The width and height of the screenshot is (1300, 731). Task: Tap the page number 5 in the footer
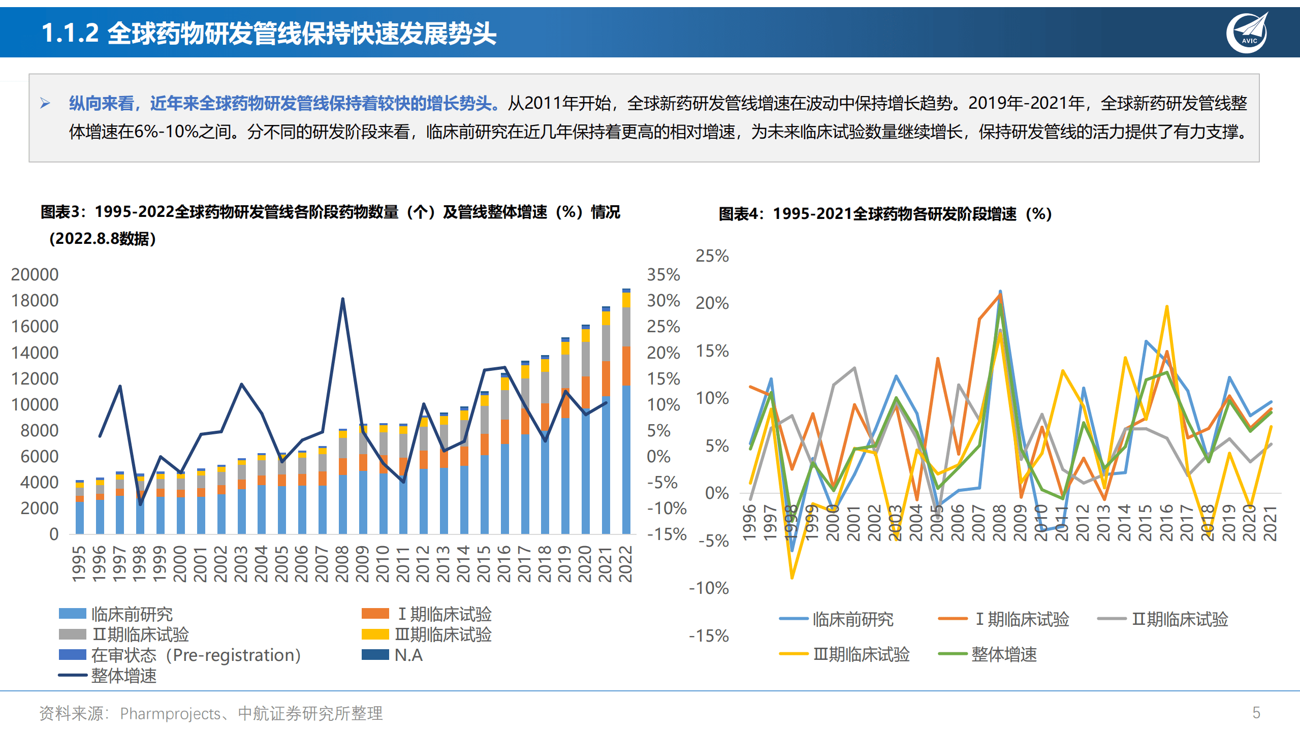point(1256,713)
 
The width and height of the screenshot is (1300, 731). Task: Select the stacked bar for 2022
point(626,411)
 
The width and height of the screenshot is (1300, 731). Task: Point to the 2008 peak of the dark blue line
point(342,299)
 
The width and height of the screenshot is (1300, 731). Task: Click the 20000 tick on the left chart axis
point(35,274)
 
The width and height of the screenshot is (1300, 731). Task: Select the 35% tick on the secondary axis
point(663,274)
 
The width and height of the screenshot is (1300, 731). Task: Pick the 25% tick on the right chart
point(712,256)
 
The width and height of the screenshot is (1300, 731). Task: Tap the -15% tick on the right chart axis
point(709,635)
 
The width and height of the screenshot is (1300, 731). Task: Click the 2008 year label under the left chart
point(342,563)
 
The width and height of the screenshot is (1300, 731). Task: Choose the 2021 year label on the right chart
point(1270,523)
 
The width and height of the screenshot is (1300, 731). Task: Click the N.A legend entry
point(392,655)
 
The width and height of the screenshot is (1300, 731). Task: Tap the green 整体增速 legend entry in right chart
point(988,654)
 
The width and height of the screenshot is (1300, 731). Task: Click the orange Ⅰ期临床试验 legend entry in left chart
point(427,614)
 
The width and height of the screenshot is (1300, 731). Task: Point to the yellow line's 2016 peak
point(1166,306)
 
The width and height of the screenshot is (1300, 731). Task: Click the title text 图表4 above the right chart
point(740,214)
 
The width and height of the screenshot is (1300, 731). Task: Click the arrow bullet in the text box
point(45,104)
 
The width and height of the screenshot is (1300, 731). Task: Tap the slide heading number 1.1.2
point(70,34)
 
